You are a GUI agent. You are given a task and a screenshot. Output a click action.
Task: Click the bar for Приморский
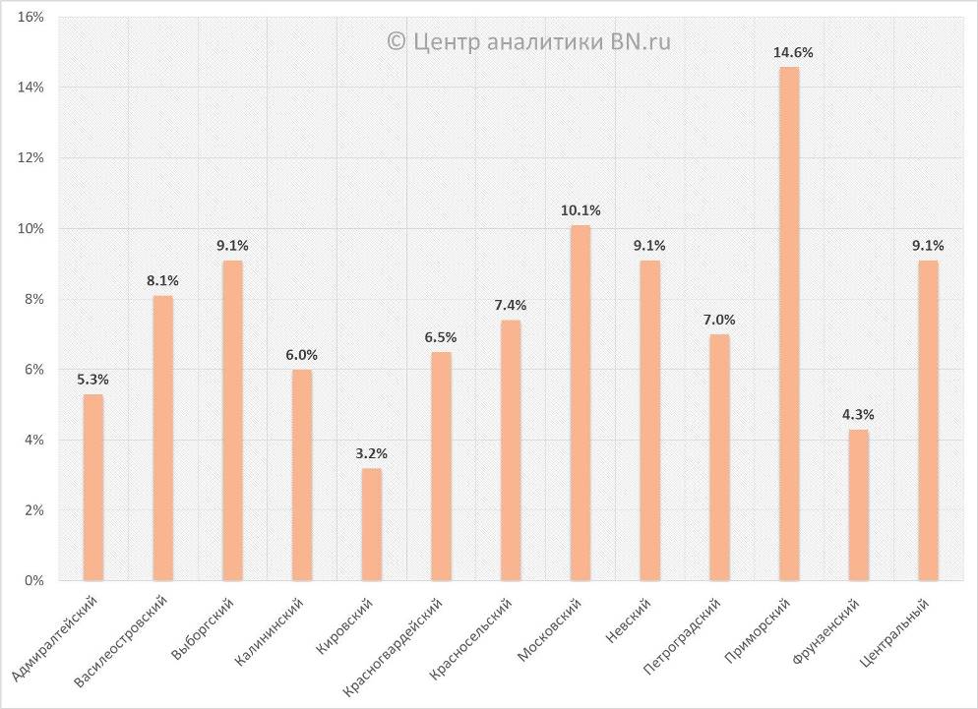coord(788,325)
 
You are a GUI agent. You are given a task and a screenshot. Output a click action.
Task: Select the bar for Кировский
coord(371,525)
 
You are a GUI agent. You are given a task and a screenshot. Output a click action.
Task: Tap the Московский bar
coord(580,403)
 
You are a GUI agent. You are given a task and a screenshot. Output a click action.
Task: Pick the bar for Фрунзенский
coord(858,505)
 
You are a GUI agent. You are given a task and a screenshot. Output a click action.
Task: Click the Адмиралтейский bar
coord(92,488)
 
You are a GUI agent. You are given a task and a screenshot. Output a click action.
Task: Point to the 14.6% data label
coord(792,52)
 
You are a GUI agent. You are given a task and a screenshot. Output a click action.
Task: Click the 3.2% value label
coord(371,453)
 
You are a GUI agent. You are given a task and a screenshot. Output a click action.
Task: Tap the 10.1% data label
coord(580,210)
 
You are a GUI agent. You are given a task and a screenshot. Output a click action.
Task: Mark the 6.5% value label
coord(440,337)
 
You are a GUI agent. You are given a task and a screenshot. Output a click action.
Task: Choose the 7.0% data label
coord(719,320)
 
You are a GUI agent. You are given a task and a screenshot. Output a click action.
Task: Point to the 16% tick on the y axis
coord(31,18)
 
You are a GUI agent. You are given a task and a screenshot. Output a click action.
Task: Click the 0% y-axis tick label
coord(35,581)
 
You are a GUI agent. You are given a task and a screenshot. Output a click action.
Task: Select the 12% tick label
coord(31,158)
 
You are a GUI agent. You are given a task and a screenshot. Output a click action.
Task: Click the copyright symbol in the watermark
coord(396,41)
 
